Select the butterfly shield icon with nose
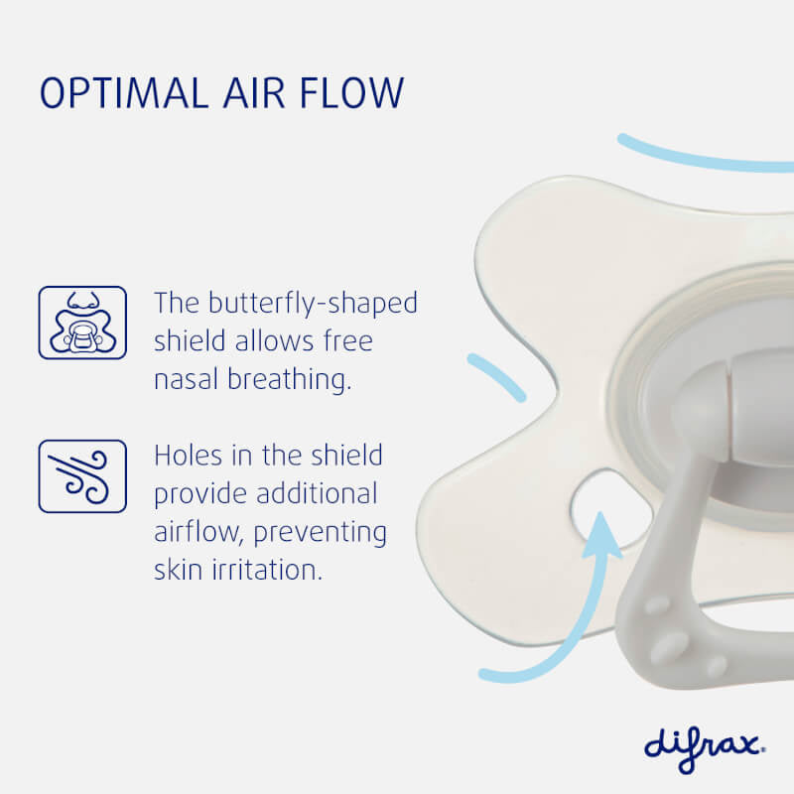(82, 323)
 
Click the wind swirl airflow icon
(82, 476)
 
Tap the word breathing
(294, 381)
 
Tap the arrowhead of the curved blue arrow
(601, 532)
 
